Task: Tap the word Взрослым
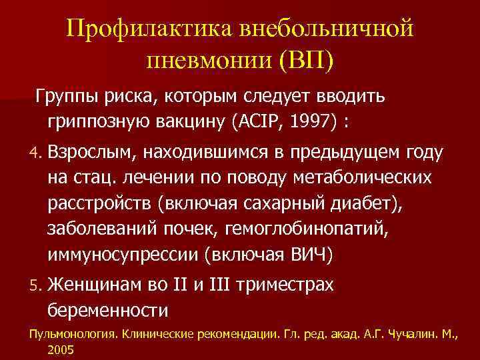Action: click(x=91, y=153)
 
